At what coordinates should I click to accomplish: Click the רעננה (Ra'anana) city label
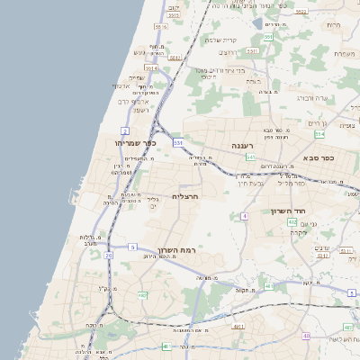pos(243,144)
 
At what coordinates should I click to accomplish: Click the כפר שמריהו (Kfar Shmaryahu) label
pos(135,142)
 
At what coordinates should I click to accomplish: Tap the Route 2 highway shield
pos(124,131)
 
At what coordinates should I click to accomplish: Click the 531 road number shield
pos(178,142)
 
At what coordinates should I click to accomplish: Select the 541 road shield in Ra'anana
pos(251,157)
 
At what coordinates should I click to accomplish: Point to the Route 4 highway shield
pos(244,216)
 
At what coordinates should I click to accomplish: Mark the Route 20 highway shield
pos(108,256)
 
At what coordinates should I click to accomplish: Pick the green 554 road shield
pos(319,134)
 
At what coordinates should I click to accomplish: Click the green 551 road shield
pos(267,37)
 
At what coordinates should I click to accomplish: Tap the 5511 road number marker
pos(252,51)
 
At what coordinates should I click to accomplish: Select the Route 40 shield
pos(306,335)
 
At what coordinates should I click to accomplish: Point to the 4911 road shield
pos(267,288)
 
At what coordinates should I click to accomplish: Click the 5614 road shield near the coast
pos(151,67)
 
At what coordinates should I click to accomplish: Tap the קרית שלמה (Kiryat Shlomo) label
pos(220,40)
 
